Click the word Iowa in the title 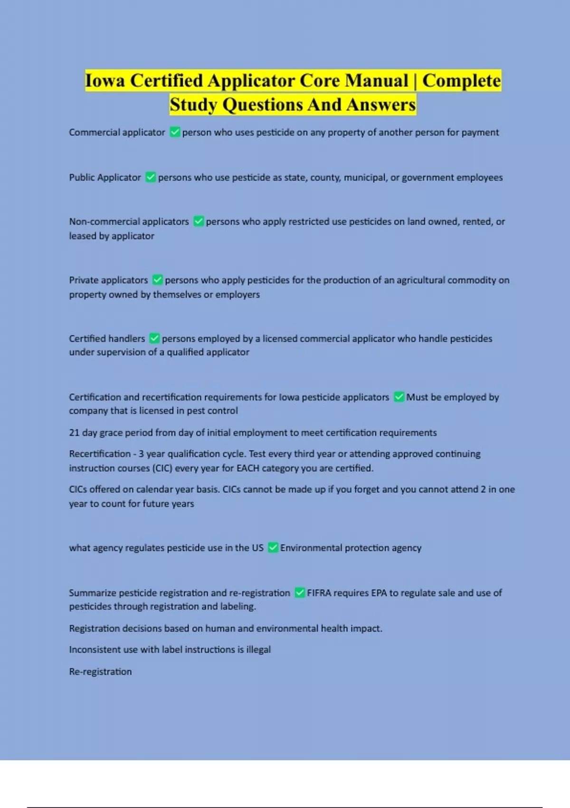click(105, 81)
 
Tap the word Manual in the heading click(377, 81)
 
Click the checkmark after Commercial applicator click(175, 132)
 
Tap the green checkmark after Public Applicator click(151, 177)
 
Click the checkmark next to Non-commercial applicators click(199, 221)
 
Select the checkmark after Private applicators click(158, 280)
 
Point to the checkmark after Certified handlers click(154, 338)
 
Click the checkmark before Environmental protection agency click(273, 548)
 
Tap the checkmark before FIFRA click(300, 593)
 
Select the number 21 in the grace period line click(74, 433)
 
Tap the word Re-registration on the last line click(100, 672)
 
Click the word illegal click(258, 650)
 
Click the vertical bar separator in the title click(415, 81)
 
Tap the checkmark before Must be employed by click(399, 397)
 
